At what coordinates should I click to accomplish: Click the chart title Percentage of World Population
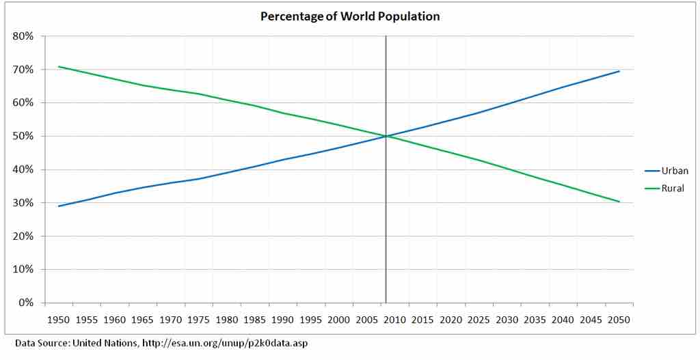[x=350, y=16]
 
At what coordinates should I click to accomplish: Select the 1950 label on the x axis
[x=59, y=320]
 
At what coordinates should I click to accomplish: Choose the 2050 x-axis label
[x=619, y=320]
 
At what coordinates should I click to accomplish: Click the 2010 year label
[x=395, y=320]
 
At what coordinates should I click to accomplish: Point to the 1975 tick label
[x=199, y=320]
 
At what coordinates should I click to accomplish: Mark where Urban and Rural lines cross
[x=386, y=136]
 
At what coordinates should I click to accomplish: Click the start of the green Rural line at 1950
[x=59, y=67]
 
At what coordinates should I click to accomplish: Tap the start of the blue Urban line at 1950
[x=59, y=206]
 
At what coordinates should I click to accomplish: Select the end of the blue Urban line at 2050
[x=619, y=71]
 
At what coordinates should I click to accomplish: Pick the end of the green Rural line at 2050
[x=619, y=202]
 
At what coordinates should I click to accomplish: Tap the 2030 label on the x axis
[x=507, y=320]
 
